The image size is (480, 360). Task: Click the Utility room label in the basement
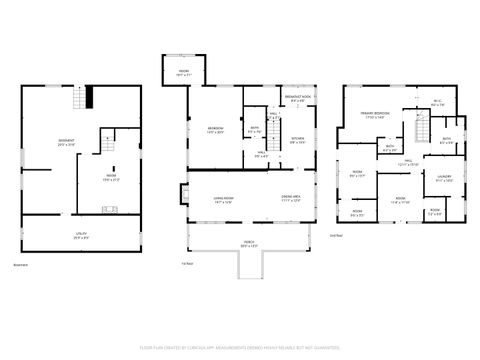[81, 236]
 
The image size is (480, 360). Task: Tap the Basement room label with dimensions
[65, 142]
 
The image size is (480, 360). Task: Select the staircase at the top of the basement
[77, 98]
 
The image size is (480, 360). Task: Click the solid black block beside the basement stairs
[89, 97]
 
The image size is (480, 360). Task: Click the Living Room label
[209, 200]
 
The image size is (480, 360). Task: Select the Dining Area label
[291, 200]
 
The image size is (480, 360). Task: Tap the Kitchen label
[298, 140]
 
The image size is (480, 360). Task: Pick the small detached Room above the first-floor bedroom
[184, 72]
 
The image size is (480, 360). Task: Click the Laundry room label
[445, 179]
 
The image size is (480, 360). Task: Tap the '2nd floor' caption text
[336, 236]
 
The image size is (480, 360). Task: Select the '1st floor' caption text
[187, 263]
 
